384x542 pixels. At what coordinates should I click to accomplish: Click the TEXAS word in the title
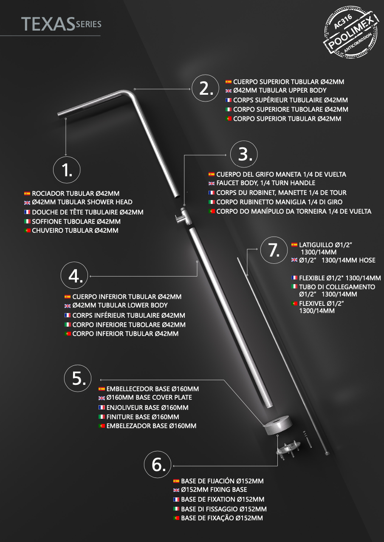coord(48,24)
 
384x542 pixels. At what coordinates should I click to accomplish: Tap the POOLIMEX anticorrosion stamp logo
coord(351,32)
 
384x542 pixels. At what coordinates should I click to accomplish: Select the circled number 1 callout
coord(67,170)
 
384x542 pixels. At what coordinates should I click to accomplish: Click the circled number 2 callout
coord(206,88)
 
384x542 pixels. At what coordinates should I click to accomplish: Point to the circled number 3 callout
coord(244,154)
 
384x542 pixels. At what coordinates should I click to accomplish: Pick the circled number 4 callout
coord(74,275)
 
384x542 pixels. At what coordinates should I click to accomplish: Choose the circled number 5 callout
coord(78,378)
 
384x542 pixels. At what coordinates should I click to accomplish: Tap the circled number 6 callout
coord(158,464)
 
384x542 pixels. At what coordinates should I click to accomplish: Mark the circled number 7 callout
coord(274,250)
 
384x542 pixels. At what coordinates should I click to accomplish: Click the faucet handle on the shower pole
coord(179,219)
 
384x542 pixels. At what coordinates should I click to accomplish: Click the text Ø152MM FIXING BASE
coord(214,489)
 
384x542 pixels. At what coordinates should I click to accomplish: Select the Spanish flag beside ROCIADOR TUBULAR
coord(27,193)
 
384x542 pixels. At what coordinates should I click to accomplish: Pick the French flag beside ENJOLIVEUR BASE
coord(102,407)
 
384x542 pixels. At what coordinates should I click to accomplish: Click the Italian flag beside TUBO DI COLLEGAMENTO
coord(294,286)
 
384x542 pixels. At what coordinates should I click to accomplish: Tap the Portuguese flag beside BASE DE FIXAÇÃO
coord(176,518)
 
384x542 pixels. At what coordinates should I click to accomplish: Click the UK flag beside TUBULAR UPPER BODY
coord(229,91)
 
